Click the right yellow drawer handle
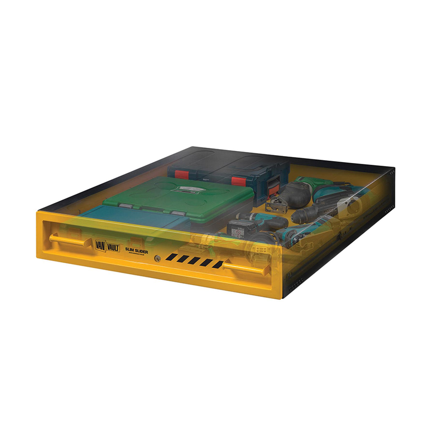(x=245, y=268)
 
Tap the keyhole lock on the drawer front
(x=157, y=259)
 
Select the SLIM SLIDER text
(x=137, y=252)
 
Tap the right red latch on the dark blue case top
(x=238, y=181)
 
